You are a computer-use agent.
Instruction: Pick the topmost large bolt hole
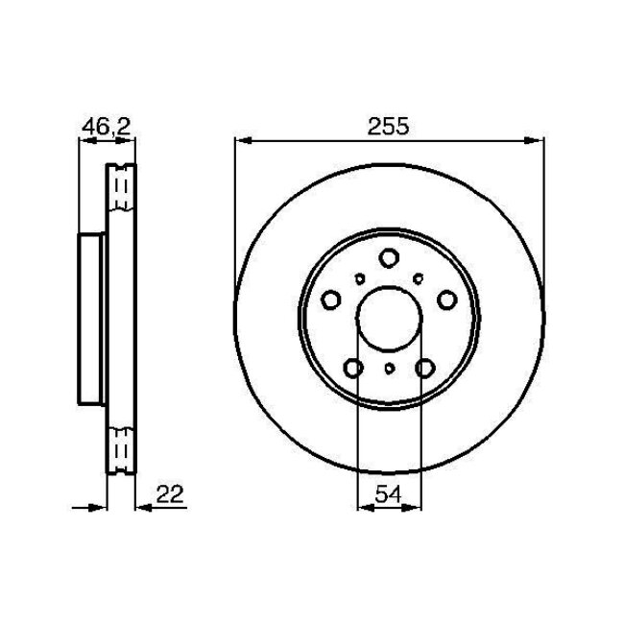[x=388, y=257]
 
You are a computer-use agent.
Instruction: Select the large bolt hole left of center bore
[x=329, y=300]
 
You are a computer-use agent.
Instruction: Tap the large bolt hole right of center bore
[x=446, y=300]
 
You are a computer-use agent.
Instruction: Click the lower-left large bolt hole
[x=352, y=368]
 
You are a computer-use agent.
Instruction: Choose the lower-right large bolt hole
[x=424, y=368]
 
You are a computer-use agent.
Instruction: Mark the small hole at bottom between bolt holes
[x=388, y=369]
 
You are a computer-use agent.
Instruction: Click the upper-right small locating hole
[x=419, y=278]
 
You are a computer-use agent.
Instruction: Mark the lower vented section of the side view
[x=121, y=446]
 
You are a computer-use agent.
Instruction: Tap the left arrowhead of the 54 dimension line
[x=363, y=506]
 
